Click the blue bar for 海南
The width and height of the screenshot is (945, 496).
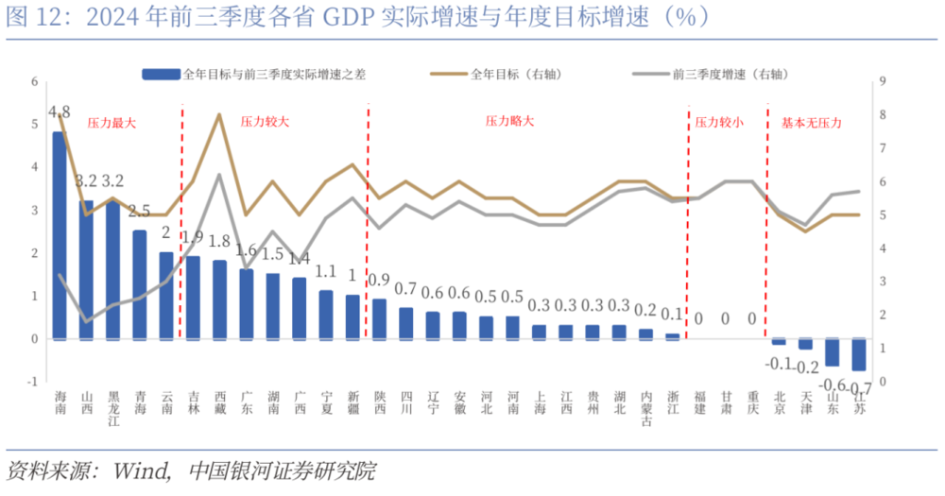(x=60, y=235)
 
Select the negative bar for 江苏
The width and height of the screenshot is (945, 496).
(x=859, y=354)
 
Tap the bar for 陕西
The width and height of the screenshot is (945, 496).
(x=379, y=318)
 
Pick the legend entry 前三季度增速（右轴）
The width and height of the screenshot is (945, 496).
(x=717, y=74)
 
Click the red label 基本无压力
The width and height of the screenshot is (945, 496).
(x=811, y=123)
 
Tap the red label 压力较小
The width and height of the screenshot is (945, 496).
(x=718, y=123)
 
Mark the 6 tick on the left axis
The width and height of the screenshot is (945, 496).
(x=34, y=81)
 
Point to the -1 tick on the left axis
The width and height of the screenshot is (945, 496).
(x=32, y=382)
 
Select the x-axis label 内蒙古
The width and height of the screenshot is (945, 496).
(x=646, y=409)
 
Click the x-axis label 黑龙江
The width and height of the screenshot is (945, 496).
(x=112, y=409)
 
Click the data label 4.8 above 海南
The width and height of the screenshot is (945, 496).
(x=59, y=111)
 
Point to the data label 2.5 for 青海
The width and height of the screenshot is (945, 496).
(x=139, y=211)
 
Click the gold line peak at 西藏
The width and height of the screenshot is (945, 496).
(x=219, y=114)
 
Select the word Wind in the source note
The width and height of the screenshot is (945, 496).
(x=142, y=470)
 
